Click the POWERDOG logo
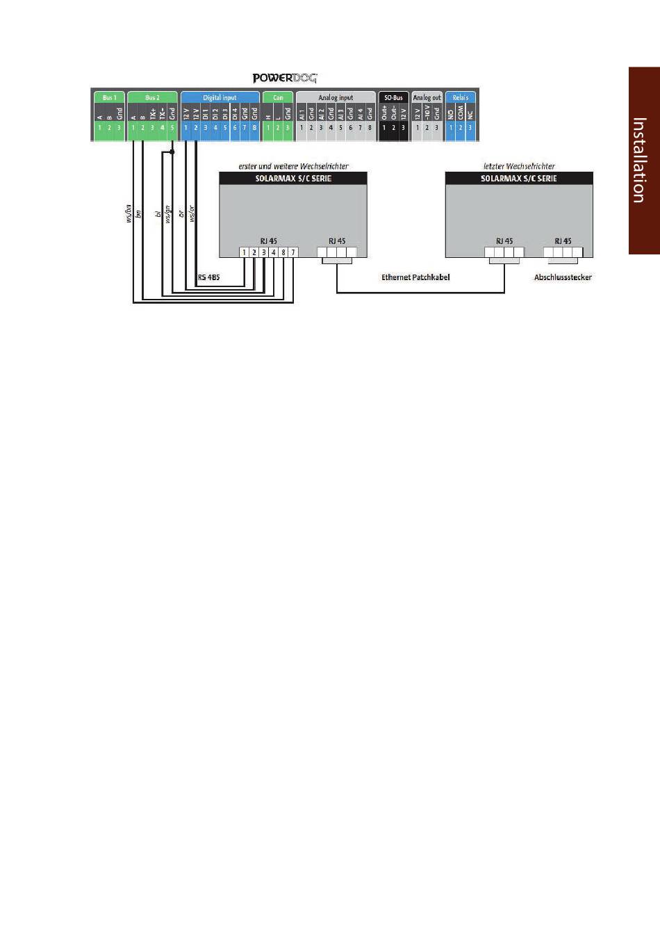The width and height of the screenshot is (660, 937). tap(284, 79)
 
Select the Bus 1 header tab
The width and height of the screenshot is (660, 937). tap(109, 98)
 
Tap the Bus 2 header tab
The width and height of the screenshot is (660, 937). tap(152, 98)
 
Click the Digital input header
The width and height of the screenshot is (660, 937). tap(220, 98)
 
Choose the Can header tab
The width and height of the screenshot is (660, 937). tap(278, 98)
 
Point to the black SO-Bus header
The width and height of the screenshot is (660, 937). tap(393, 98)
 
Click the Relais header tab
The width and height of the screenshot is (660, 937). tap(460, 98)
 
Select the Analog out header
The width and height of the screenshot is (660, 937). tap(427, 98)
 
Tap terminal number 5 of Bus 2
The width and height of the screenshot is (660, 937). tap(172, 128)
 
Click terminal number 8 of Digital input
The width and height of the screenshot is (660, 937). tap(254, 128)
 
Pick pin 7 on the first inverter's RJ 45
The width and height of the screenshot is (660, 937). tap(293, 252)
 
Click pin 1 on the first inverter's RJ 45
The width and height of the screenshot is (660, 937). tap(245, 252)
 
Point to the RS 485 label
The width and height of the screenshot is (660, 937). tap(208, 277)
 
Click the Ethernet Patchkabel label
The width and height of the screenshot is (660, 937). tap(415, 277)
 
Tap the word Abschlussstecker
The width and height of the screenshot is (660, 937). tap(563, 277)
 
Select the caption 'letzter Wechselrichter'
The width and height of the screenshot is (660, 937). tap(519, 166)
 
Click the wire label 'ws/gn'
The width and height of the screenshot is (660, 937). tap(168, 213)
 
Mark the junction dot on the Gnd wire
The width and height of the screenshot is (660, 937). tap(172, 151)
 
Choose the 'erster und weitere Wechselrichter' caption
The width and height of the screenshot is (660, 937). tap(293, 166)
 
